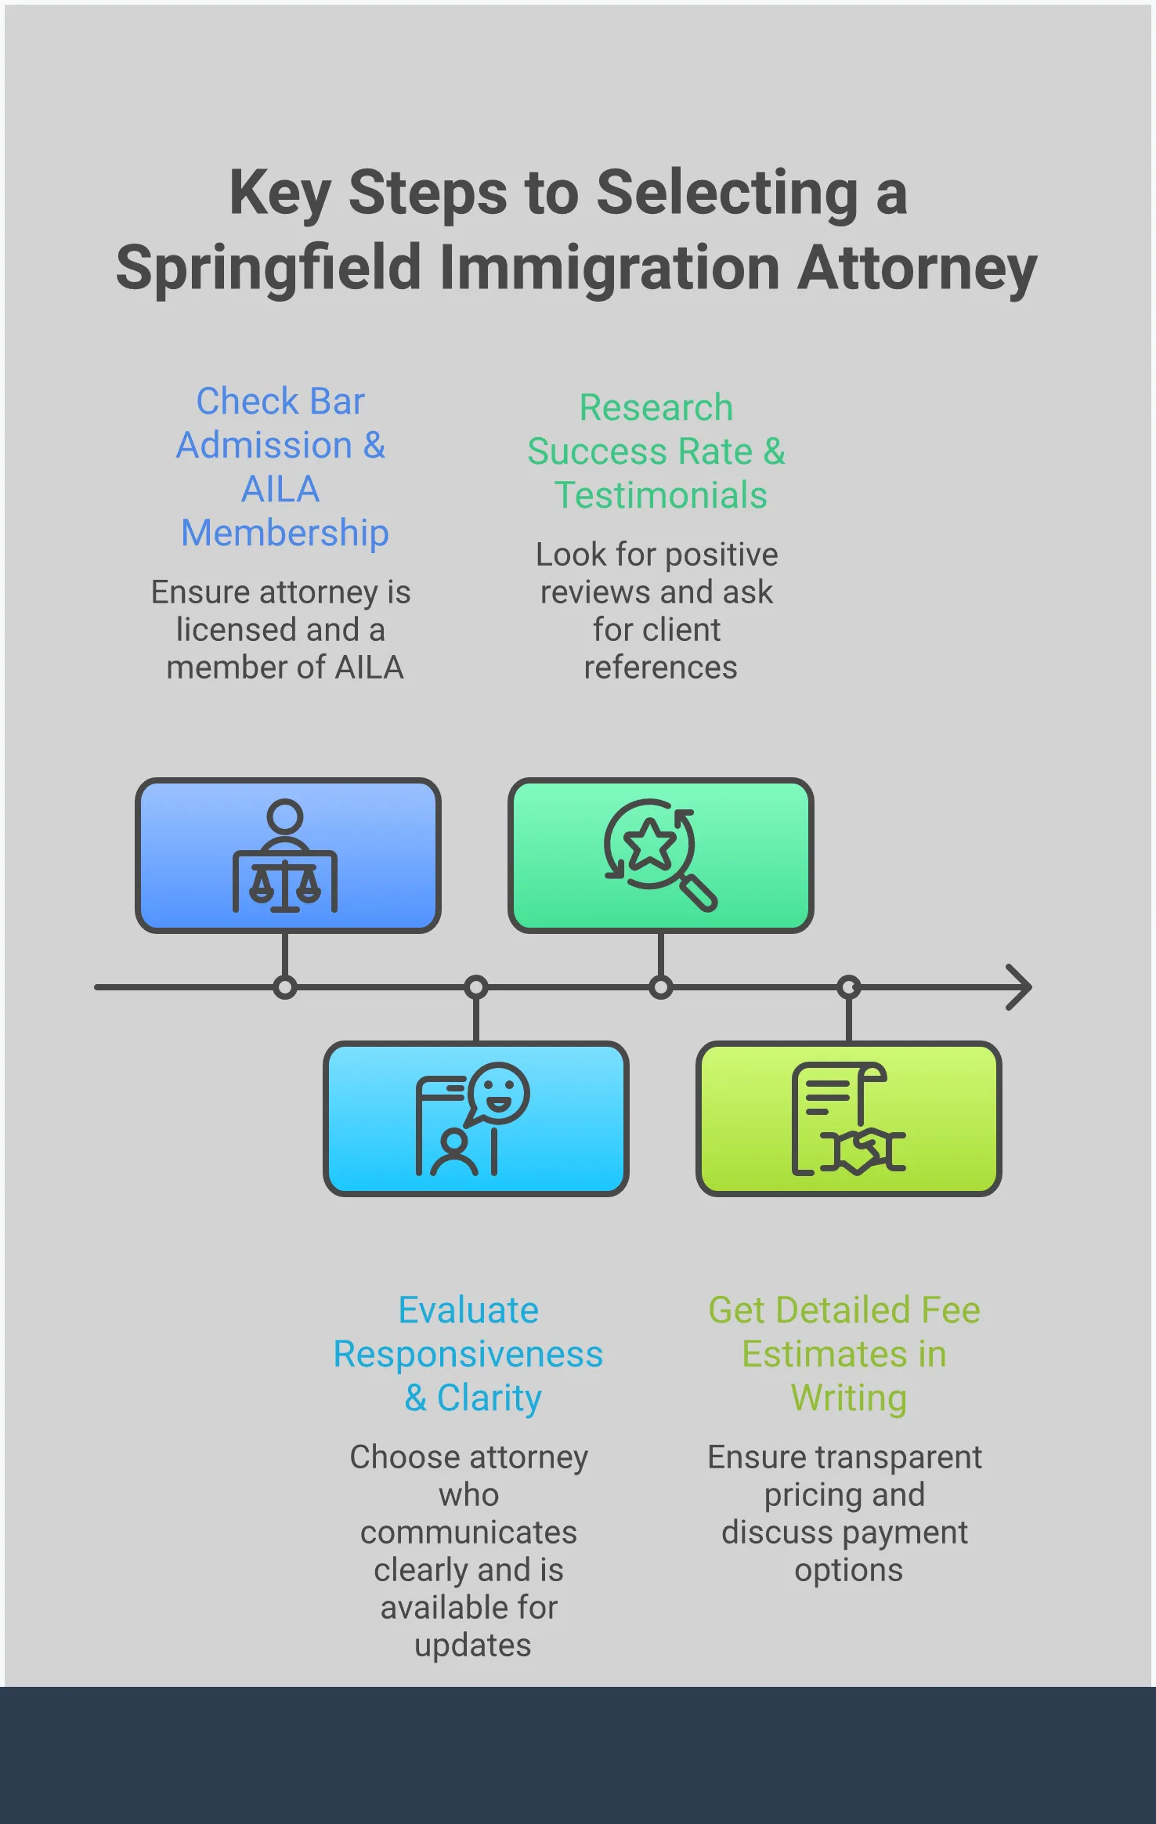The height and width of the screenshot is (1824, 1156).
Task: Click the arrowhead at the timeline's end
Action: pyautogui.click(x=1020, y=987)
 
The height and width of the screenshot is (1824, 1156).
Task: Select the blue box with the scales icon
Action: pyautogui.click(x=288, y=856)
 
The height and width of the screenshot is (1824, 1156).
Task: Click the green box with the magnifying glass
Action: pyautogui.click(x=660, y=856)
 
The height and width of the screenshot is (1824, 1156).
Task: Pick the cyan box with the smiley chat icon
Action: pyautogui.click(x=476, y=1118)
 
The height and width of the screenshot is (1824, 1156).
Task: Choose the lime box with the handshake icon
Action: pyautogui.click(x=849, y=1118)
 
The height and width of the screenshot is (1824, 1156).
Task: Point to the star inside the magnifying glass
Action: pyautogui.click(x=649, y=845)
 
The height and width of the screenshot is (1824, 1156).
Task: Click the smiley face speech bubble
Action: pyautogui.click(x=499, y=1094)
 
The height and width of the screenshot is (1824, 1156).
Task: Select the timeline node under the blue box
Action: pyautogui.click(x=285, y=987)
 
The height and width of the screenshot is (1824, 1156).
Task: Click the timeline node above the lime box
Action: pyautogui.click(x=849, y=987)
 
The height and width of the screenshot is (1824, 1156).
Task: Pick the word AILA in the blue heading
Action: pyautogui.click(x=280, y=490)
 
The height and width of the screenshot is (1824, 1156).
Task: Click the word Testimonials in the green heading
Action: pyautogui.click(x=660, y=496)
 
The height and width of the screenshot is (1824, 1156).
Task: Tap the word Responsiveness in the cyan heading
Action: pyautogui.click(x=468, y=1355)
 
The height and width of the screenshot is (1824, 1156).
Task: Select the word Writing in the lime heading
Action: pyautogui.click(x=849, y=1399)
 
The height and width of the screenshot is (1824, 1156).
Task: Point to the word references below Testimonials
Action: pyautogui.click(x=660, y=668)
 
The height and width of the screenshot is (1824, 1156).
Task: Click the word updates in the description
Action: pyautogui.click(x=473, y=1645)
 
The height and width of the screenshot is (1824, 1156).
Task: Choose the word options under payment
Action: pyautogui.click(x=849, y=1570)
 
